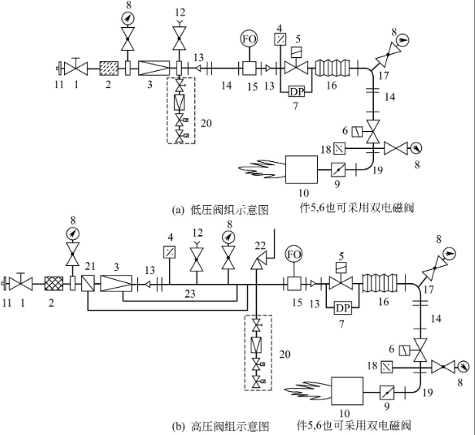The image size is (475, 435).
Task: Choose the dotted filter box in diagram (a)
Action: click(108, 68)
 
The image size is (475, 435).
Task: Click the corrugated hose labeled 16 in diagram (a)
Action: click(332, 68)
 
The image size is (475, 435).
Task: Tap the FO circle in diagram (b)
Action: click(293, 255)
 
